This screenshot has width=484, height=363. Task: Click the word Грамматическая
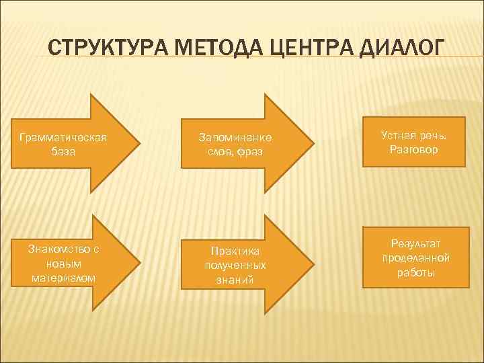63,137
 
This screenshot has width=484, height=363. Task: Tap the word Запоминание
235,137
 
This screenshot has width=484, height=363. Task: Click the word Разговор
413,149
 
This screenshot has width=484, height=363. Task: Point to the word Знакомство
63,249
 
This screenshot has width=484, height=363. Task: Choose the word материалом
63,277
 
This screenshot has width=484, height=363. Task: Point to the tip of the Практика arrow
313,264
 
